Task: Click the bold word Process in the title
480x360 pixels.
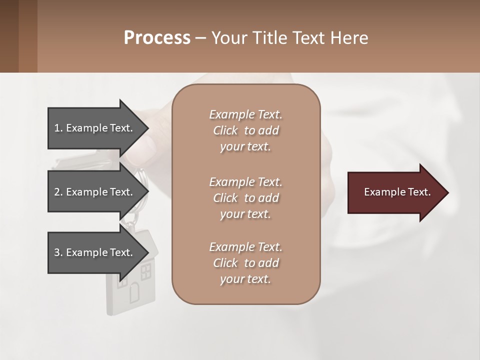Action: (x=157, y=37)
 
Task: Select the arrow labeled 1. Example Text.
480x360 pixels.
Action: (x=95, y=128)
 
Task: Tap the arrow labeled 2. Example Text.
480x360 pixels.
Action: (x=95, y=192)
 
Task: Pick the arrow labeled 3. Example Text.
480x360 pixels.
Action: (x=95, y=252)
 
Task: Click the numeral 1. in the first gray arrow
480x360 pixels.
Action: (x=58, y=128)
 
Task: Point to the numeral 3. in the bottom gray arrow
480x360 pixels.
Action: (x=58, y=252)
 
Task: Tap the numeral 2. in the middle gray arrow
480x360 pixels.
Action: (x=58, y=192)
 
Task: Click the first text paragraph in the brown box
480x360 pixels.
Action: (x=245, y=130)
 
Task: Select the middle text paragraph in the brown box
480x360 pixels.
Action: (x=245, y=198)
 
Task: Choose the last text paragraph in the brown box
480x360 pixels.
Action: (x=245, y=263)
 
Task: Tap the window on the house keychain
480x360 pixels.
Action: (x=146, y=272)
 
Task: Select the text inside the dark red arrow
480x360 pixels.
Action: (x=397, y=192)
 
